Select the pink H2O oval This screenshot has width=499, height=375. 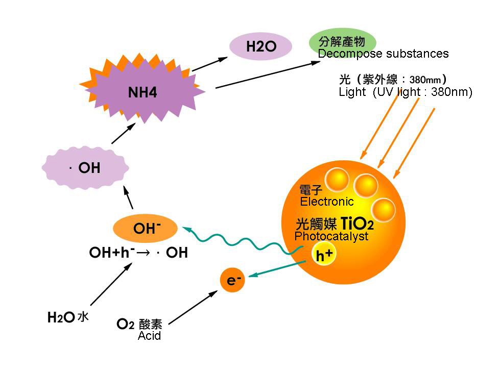point(260,47)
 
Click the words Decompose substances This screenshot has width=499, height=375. point(383,54)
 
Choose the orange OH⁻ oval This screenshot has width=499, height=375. point(145,229)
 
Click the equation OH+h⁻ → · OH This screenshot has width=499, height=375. point(138,253)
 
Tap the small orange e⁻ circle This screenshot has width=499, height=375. point(232,281)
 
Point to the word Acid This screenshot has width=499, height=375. point(149,336)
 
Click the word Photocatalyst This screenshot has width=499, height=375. point(331,237)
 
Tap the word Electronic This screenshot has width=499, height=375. point(326,202)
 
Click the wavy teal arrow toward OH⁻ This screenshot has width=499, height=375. point(240,240)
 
